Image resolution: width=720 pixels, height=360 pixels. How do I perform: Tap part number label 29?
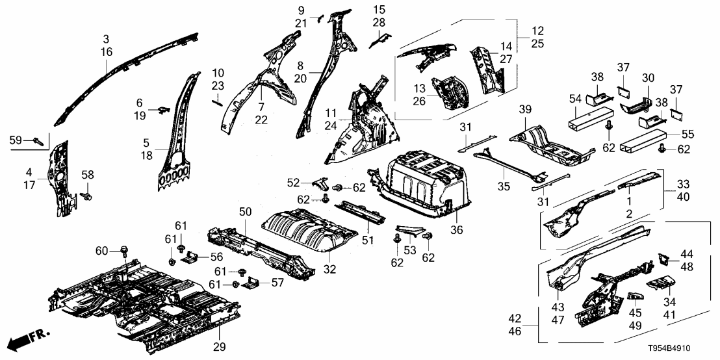tap(220, 346)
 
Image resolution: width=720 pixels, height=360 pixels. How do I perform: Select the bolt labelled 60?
tap(123, 250)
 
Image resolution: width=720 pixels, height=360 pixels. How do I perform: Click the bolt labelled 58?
tap(88, 194)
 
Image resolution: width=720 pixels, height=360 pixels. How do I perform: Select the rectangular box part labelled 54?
tap(591, 122)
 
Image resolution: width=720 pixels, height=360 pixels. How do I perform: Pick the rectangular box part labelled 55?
tap(643, 140)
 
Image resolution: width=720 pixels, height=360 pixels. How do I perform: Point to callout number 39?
tap(526, 109)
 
